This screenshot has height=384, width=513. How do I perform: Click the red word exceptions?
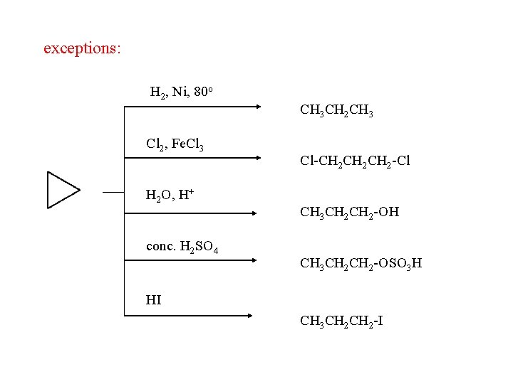82,48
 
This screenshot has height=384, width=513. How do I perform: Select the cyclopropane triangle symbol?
62,190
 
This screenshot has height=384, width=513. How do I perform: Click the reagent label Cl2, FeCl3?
175,145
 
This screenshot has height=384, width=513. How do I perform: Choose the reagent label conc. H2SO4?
182,247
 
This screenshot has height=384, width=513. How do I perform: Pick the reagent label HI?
153,300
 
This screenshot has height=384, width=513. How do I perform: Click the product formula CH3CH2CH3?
337,111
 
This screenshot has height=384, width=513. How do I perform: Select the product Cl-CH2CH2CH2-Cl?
355,161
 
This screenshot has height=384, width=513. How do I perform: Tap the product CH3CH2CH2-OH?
350,212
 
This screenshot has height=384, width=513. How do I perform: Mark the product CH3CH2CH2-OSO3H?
361,264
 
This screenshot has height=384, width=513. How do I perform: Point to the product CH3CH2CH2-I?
342,321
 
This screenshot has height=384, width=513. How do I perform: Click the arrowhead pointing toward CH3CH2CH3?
257,107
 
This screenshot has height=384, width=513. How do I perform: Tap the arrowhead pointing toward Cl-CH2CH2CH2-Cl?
257,158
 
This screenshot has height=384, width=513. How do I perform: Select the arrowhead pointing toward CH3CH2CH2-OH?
257,212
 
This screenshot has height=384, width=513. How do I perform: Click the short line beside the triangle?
113,192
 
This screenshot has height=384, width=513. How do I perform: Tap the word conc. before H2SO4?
160,247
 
